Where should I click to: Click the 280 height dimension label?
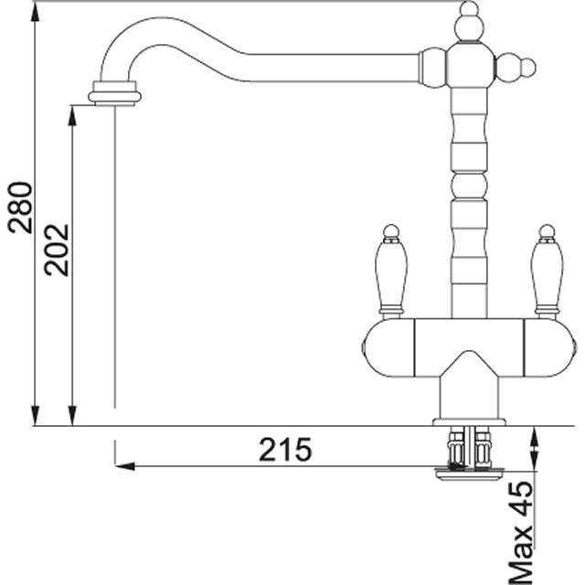point(20,207)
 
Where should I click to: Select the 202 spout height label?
point(57,250)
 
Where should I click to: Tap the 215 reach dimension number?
point(285,450)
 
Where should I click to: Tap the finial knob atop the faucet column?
point(469,22)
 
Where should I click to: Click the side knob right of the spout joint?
point(516,68)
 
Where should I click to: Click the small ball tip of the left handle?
point(390,231)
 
